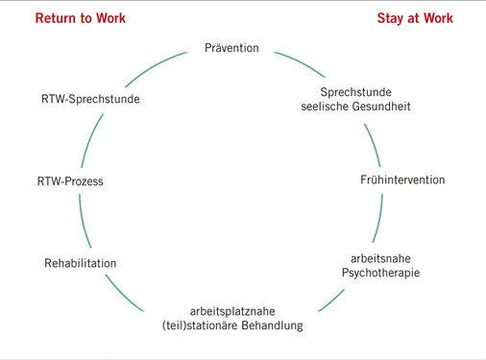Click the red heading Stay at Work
point(415,18)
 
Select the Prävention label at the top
point(232,47)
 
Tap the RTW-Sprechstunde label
point(89,98)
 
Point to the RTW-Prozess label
point(69,180)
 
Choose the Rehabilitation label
point(81,262)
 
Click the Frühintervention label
point(402,180)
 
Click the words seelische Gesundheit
point(350,106)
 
